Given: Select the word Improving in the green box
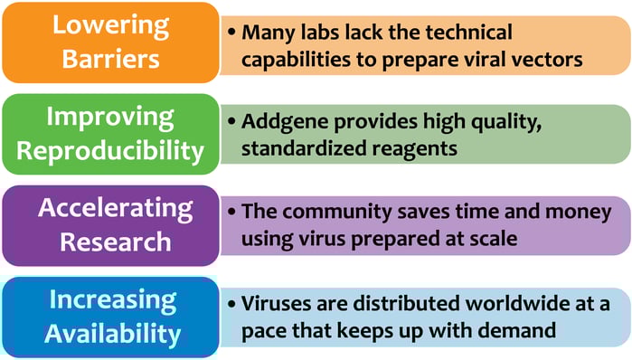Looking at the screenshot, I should (x=109, y=117).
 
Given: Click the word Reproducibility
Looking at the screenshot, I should (x=109, y=150).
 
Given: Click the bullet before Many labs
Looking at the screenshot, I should (x=233, y=33).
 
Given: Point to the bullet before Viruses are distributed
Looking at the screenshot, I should (x=233, y=303).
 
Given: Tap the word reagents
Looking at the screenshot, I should (x=401, y=147).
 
